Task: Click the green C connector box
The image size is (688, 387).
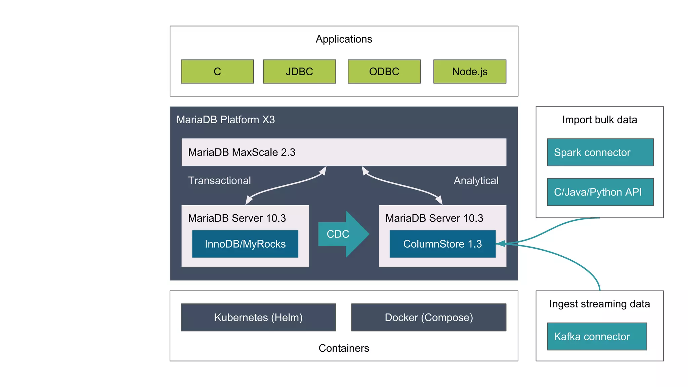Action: [217, 72]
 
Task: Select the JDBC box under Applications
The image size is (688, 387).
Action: [299, 72]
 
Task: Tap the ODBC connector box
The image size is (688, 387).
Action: [384, 72]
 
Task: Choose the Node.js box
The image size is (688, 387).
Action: [470, 72]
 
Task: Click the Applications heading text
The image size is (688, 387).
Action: [344, 39]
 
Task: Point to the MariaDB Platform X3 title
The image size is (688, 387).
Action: [225, 120]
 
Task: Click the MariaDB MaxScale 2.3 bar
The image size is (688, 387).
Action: [344, 152]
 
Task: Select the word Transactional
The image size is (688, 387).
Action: [219, 180]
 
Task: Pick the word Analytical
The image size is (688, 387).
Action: [476, 180]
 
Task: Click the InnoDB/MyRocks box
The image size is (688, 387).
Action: [245, 244]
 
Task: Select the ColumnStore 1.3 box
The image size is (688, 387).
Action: [442, 244]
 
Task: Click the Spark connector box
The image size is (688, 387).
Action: [600, 152]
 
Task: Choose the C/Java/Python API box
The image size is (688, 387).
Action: [600, 192]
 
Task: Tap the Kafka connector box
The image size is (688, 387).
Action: [597, 336]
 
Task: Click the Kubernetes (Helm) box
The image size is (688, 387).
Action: [258, 317]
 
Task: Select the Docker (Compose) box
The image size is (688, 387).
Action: [429, 317]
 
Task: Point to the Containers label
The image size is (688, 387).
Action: [344, 348]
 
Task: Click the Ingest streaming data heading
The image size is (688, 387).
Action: [599, 304]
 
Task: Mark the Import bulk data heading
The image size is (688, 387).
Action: [599, 120]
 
